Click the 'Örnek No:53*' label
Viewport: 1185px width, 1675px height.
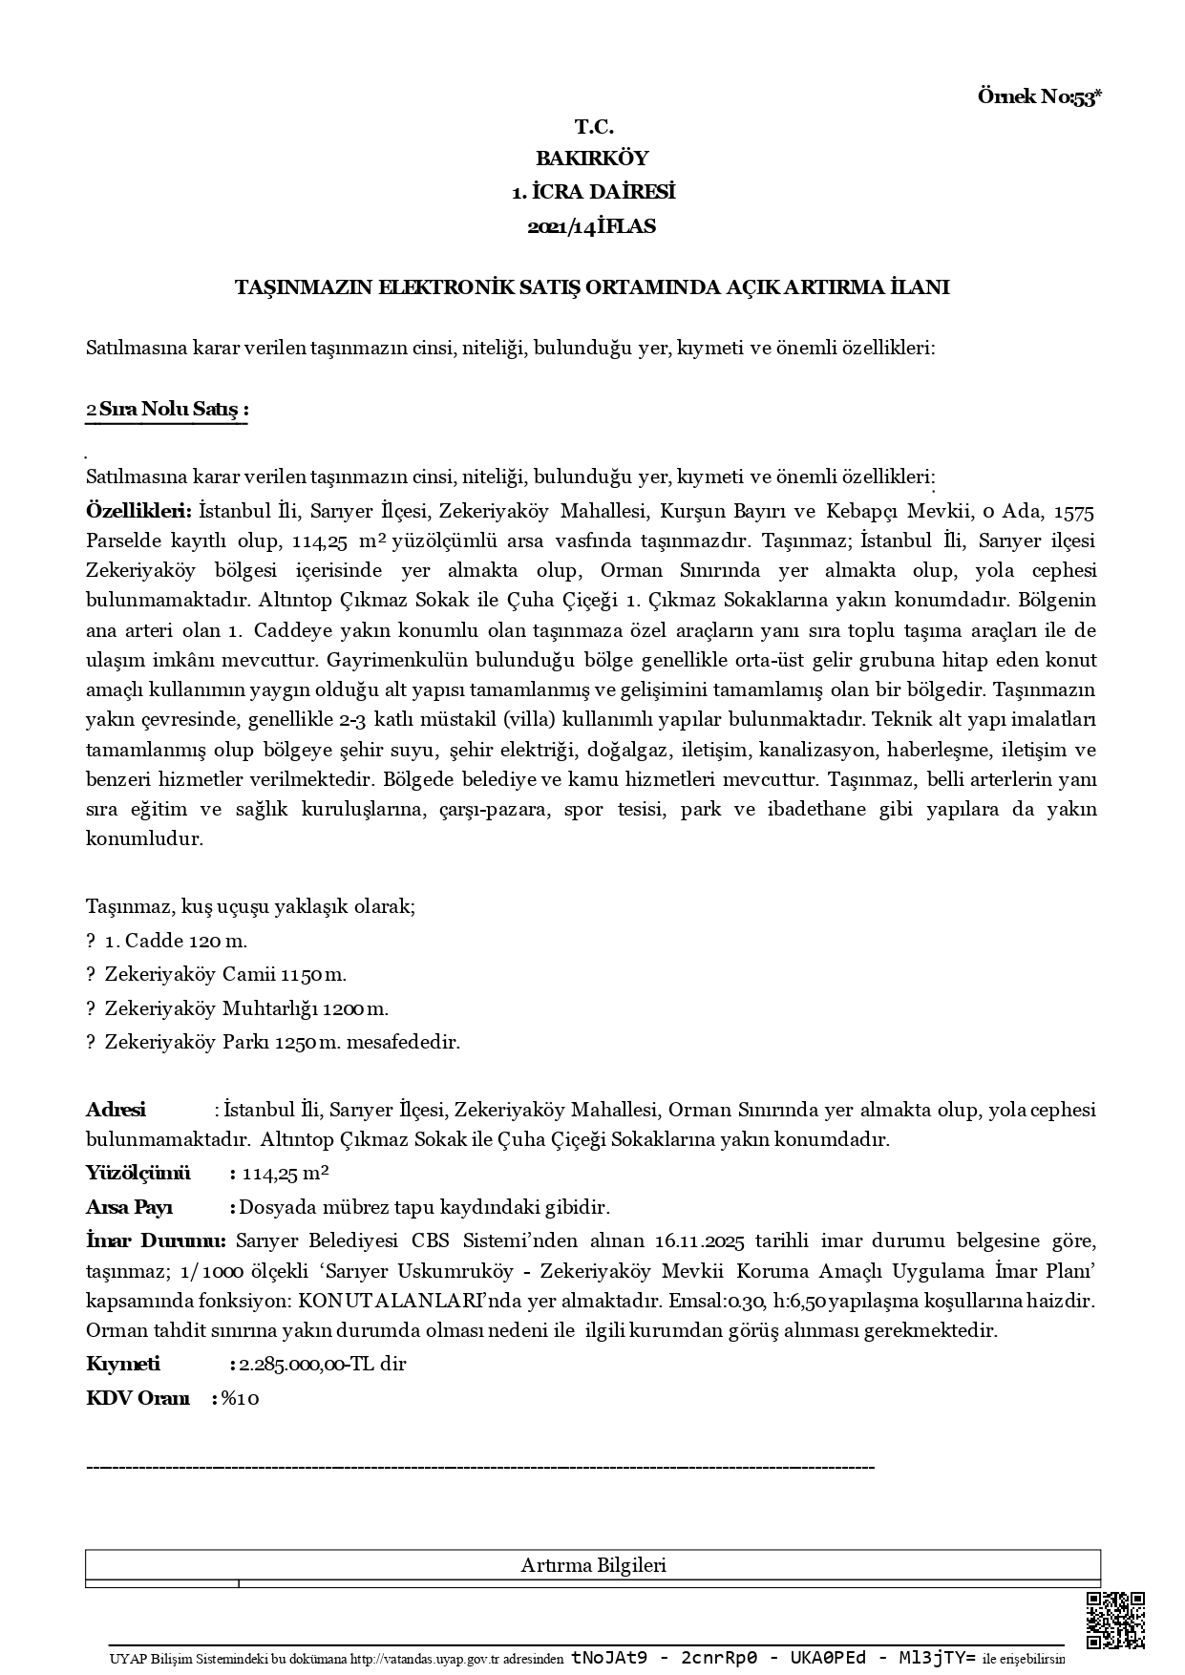click(1040, 96)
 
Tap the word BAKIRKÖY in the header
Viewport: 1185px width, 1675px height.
click(592, 159)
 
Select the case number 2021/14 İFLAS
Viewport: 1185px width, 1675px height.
click(592, 227)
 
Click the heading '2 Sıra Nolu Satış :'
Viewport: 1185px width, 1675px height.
click(167, 410)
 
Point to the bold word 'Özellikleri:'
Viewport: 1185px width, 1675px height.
click(138, 511)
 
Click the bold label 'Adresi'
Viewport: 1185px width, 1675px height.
click(116, 1110)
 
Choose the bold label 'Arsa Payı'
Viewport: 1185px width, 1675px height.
click(129, 1208)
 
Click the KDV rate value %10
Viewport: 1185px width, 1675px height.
click(241, 1398)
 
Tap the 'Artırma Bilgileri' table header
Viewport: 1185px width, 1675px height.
click(593, 1565)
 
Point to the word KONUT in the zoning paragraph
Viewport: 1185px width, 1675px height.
click(329, 1301)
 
